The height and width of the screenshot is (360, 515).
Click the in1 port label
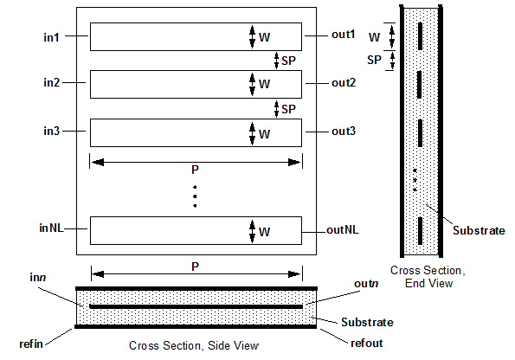(x=51, y=37)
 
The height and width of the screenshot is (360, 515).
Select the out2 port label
(x=344, y=82)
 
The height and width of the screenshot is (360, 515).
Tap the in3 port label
(x=52, y=131)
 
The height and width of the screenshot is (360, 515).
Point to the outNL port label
(x=343, y=230)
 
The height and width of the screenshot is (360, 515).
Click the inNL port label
(x=51, y=228)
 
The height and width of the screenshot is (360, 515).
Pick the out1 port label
(x=344, y=34)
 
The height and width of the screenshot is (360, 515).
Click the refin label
(x=31, y=344)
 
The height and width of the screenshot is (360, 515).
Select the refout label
(x=367, y=344)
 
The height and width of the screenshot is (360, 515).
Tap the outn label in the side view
(x=366, y=283)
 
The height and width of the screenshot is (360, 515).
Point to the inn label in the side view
(x=38, y=278)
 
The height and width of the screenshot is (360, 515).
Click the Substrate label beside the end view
(x=479, y=230)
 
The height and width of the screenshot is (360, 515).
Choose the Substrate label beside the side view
(x=367, y=322)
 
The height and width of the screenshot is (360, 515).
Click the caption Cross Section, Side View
(x=194, y=345)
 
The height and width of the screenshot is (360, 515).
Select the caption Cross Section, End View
(x=428, y=277)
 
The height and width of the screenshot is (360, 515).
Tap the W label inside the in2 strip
(x=264, y=84)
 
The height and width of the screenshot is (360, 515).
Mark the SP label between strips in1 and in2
(x=288, y=61)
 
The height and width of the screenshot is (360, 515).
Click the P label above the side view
(x=195, y=267)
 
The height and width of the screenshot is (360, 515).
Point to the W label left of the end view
(x=374, y=37)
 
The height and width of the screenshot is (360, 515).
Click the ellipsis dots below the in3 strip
(x=195, y=196)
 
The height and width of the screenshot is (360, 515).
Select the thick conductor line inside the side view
(x=196, y=307)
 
